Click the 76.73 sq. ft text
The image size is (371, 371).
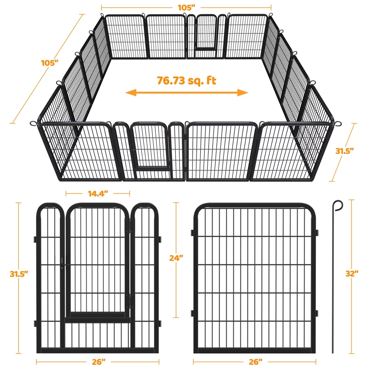pos(186,81)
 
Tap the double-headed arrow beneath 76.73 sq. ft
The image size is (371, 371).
pos(187,93)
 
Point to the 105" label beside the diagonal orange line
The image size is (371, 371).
pos(50,62)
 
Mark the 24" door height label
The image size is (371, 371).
pos(175,258)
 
